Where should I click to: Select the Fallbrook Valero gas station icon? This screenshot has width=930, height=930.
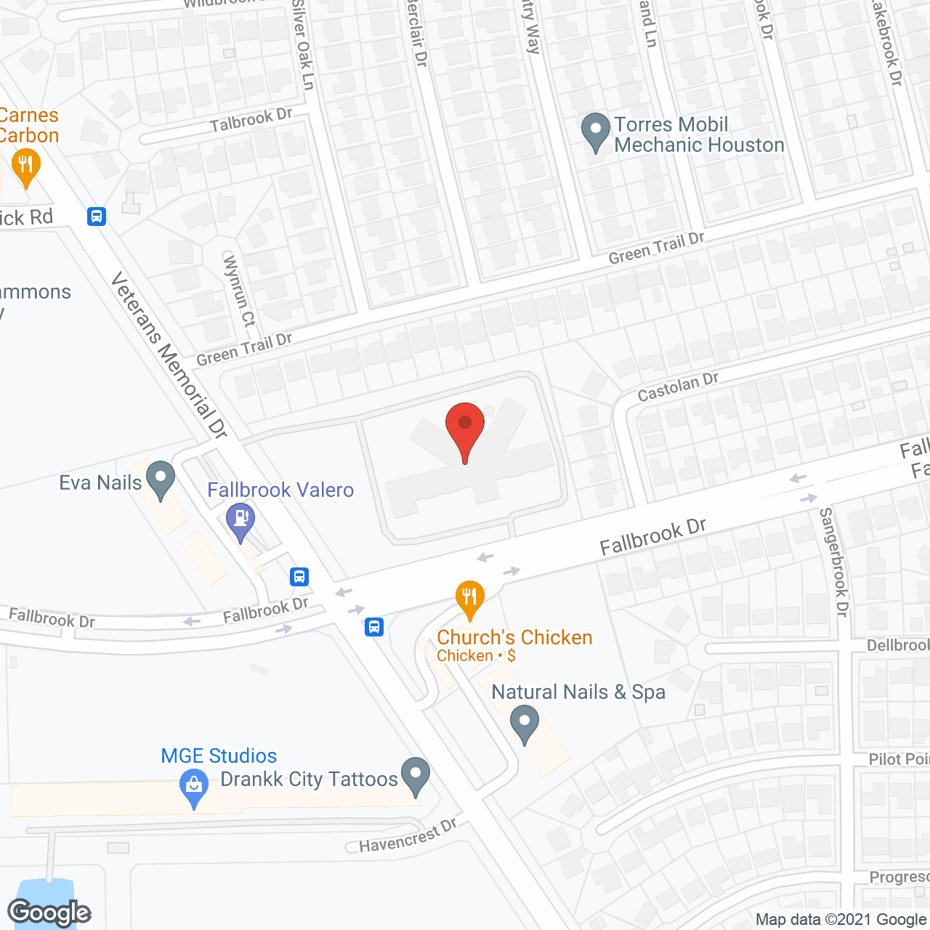pyautogui.click(x=240, y=522)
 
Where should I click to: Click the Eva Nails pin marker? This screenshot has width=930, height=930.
pyautogui.click(x=161, y=480)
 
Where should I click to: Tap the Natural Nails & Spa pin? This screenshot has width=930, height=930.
pyautogui.click(x=525, y=725)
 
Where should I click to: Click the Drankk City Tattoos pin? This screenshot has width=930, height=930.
pyautogui.click(x=416, y=776)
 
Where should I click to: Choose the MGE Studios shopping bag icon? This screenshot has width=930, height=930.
pyautogui.click(x=193, y=788)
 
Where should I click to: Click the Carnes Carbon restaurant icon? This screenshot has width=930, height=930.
pyautogui.click(x=25, y=167)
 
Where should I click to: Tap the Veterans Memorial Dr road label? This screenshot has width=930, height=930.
pyautogui.click(x=169, y=355)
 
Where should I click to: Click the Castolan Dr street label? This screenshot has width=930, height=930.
pyautogui.click(x=678, y=387)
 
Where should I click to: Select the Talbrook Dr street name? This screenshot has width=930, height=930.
pyautogui.click(x=251, y=120)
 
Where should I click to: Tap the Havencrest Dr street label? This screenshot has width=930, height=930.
pyautogui.click(x=408, y=836)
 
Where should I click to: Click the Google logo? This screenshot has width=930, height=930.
pyautogui.click(x=49, y=912)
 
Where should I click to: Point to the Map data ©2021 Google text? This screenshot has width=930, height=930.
pyautogui.click(x=841, y=920)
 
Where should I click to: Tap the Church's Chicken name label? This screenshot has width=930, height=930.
pyautogui.click(x=514, y=637)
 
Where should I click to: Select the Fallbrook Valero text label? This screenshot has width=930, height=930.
pyautogui.click(x=280, y=490)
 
